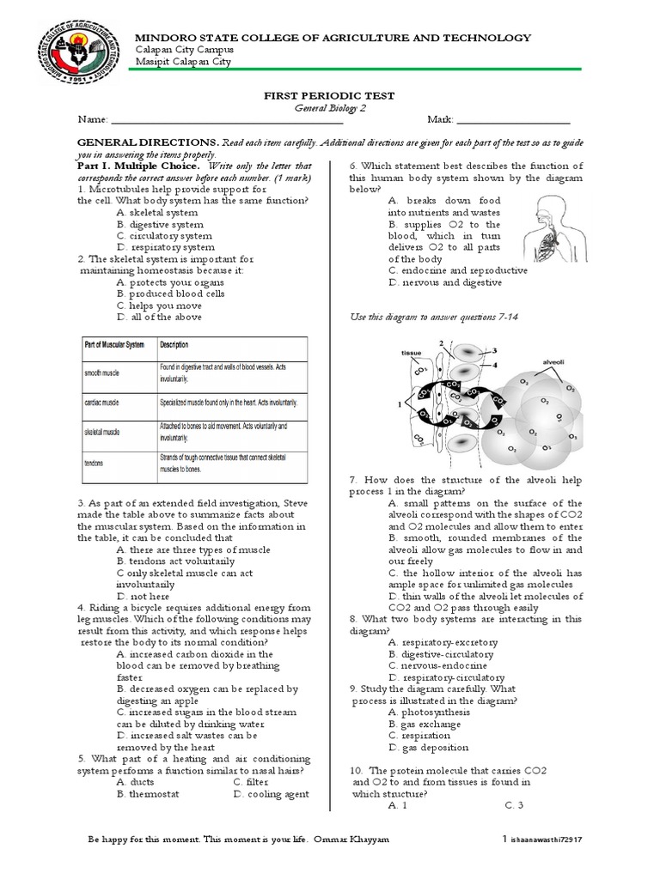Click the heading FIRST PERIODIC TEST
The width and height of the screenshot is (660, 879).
(x=329, y=96)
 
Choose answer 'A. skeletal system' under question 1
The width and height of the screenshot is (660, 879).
(x=157, y=212)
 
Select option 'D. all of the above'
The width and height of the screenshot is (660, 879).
(x=159, y=317)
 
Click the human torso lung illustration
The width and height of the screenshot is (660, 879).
(x=556, y=224)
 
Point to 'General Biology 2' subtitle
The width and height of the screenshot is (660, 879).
(x=329, y=108)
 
